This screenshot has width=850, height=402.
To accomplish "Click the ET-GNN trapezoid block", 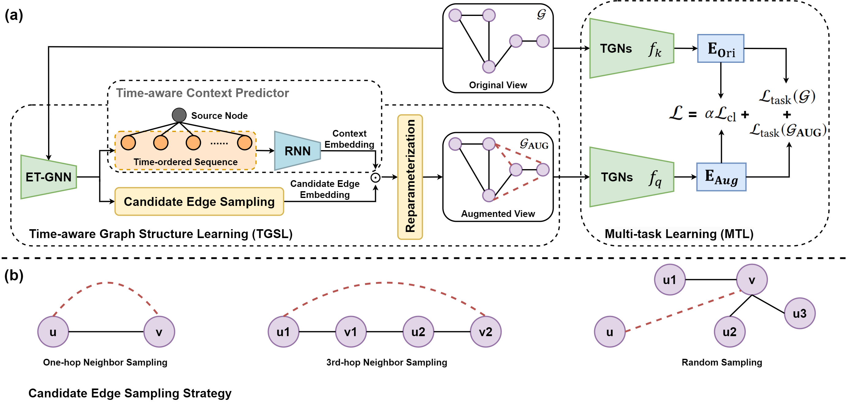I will pos(48,177).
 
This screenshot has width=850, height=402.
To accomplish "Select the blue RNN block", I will pos(297,151).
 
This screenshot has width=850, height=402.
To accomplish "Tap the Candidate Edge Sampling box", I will pos(199,202).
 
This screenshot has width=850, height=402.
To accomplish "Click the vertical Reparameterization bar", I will pos(410,177).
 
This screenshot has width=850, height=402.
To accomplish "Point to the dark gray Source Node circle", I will pos(179,115).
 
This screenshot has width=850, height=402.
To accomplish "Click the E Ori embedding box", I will pos(721,48).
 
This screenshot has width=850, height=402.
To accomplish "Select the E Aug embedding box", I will pos(721,177).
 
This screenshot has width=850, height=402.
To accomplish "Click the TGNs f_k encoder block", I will pos(631,48).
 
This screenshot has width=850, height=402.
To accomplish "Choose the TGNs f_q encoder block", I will pos(631,177).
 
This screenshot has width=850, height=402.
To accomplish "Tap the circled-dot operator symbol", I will pos(375,178).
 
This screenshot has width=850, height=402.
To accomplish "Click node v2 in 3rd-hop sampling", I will pos(485,332).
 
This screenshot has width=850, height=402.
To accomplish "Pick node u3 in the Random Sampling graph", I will pos(799,313).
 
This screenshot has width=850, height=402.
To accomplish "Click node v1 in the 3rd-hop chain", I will pos(351,332).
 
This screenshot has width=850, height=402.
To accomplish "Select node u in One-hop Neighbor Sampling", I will pos(53,332).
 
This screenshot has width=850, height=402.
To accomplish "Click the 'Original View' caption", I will pos(498,85).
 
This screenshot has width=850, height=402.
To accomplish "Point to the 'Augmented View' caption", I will pos(498,214).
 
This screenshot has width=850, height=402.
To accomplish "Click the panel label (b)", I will pos(14,275).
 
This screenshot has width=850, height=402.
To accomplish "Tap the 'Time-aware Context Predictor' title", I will pos(202,93).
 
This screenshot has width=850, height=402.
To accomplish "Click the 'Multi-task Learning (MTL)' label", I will pos(679,234).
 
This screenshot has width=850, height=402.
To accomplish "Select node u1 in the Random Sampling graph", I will pos(670,280).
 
